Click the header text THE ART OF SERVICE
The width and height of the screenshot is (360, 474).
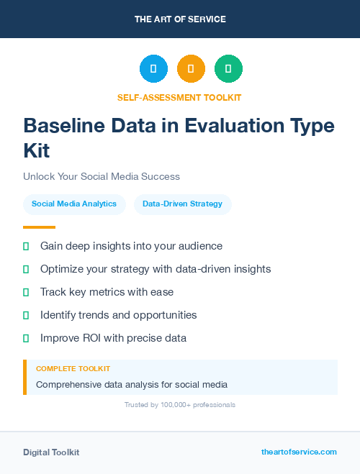pyautogui.click(x=180, y=19)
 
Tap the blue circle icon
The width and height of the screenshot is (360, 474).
pyautogui.click(x=153, y=69)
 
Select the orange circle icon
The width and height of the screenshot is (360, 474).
pyautogui.click(x=191, y=69)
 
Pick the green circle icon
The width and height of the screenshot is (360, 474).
pyautogui.click(x=228, y=69)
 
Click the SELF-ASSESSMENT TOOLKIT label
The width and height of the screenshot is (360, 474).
pyautogui.click(x=179, y=97)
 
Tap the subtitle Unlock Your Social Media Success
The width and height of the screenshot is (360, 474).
pyautogui.click(x=102, y=176)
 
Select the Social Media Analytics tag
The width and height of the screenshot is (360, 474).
pyautogui.click(x=74, y=204)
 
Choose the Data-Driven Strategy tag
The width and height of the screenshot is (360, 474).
pyautogui.click(x=182, y=204)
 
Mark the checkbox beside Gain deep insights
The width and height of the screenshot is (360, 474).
pyautogui.click(x=26, y=246)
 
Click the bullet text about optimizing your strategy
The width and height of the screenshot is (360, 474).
pyautogui.click(x=156, y=269)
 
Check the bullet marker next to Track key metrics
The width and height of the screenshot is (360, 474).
pyautogui.click(x=26, y=292)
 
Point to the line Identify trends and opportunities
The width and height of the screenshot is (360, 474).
pyautogui.click(x=118, y=315)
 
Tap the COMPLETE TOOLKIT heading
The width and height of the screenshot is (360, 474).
pyautogui.click(x=73, y=369)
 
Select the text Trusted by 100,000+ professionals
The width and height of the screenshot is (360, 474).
pyautogui.click(x=180, y=405)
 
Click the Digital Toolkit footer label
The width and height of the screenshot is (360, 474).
pyautogui.click(x=51, y=452)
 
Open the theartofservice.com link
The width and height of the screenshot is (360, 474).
pyautogui.click(x=299, y=452)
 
